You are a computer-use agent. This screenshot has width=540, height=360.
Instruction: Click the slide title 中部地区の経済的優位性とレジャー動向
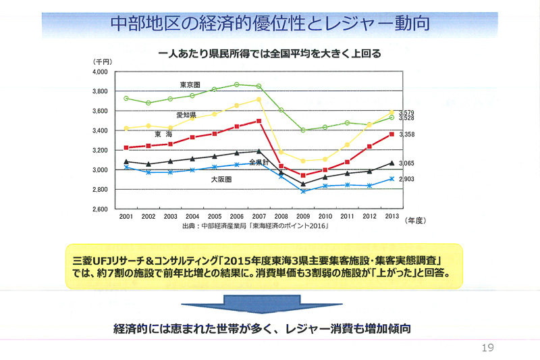click(270, 23)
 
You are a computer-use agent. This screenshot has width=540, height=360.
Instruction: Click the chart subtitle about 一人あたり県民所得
click(269, 53)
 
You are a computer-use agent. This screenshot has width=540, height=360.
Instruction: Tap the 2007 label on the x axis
click(259, 217)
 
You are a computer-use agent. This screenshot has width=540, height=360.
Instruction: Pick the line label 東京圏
click(190, 85)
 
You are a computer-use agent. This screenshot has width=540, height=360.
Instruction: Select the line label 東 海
click(163, 134)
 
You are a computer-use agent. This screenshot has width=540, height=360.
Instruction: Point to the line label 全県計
click(259, 163)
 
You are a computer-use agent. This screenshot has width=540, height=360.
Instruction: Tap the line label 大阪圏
click(221, 180)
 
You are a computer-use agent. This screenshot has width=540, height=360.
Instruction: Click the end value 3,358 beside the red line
click(406, 135)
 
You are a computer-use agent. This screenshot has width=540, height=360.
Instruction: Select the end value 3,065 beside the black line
click(406, 163)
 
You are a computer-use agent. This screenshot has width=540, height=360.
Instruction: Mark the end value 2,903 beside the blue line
click(406, 180)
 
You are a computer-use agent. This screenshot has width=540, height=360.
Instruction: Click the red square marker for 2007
click(259, 121)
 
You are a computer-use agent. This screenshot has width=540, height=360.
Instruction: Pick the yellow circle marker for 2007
click(259, 99)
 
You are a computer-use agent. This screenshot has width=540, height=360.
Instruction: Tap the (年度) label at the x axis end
click(418, 220)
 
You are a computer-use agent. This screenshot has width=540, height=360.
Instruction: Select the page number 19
click(487, 348)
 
